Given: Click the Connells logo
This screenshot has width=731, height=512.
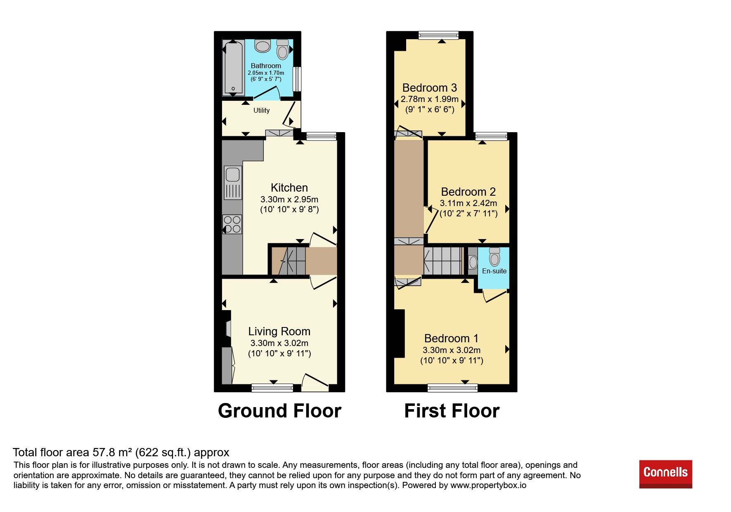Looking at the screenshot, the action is point(665,474).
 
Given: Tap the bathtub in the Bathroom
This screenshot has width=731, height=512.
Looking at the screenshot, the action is point(233,68).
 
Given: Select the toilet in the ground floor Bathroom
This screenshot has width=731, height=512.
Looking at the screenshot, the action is point(283,50).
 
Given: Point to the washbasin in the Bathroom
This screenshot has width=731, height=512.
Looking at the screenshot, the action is point(263,46).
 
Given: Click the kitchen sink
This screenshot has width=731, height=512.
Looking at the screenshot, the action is point(233,183).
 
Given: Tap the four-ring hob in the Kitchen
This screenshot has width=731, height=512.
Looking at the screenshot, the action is point(232,224).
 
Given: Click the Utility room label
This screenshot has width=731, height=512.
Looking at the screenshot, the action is point(261,110).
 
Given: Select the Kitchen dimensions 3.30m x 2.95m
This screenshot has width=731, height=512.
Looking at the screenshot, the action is point(289,199).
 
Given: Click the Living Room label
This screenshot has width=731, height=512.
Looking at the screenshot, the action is point(279,332).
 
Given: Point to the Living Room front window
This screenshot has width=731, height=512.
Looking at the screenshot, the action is point(272,388).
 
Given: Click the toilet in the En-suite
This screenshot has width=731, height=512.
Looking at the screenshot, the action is point(494,256).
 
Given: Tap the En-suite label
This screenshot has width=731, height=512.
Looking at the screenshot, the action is point(494,271).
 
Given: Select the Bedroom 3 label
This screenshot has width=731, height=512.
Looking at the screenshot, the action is point(430,88).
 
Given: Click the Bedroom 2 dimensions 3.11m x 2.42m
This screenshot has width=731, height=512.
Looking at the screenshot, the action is point(468,203).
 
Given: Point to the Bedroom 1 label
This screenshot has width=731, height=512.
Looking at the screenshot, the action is point(452,339).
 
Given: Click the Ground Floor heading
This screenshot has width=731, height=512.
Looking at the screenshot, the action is point(280,411).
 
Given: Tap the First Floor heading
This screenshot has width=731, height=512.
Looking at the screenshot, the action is point(452,411).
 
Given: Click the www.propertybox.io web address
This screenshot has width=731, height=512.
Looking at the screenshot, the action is point(488,485).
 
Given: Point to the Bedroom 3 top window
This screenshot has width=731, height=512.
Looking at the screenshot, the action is point(438,35).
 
